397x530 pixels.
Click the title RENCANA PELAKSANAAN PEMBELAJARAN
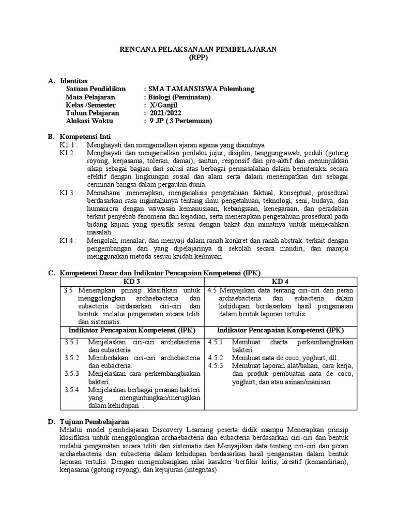pos(198,49)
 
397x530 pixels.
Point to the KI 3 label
pos(68,193)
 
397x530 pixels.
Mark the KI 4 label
pos(68,241)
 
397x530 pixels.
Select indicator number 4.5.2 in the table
pos(215,358)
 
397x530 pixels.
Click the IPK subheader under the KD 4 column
pos(279,330)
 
